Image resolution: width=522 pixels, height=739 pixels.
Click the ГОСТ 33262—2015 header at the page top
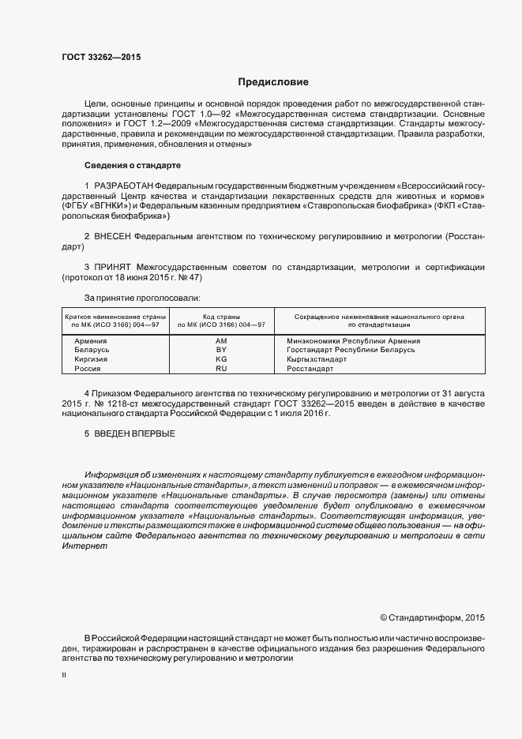pyautogui.click(x=96, y=58)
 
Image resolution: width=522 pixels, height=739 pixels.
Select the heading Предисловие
pyautogui.click(x=273, y=82)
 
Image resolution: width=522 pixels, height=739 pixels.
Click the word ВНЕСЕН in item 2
pyautogui.click(x=113, y=236)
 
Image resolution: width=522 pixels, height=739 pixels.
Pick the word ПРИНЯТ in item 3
pyautogui.click(x=112, y=268)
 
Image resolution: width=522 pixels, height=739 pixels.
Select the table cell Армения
pyautogui.click(x=91, y=340)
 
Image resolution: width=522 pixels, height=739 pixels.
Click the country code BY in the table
pyautogui.click(x=221, y=350)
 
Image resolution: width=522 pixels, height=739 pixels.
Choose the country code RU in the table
pyautogui.click(x=221, y=369)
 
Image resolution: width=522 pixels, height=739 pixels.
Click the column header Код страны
pyautogui.click(x=221, y=316)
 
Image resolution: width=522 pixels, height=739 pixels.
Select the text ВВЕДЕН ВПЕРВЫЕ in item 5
pyautogui.click(x=134, y=433)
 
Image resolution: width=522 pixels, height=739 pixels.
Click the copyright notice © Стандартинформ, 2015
pyautogui.click(x=432, y=617)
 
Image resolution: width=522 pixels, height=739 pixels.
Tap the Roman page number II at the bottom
pyautogui.click(x=64, y=676)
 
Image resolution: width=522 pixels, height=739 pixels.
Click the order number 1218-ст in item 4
pyautogui.click(x=119, y=403)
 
